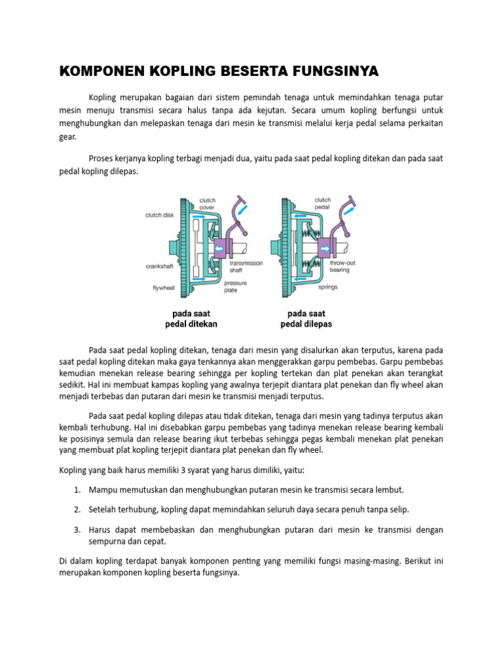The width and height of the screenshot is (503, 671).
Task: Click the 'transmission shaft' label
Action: click(246, 266)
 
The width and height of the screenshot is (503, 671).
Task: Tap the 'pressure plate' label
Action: click(236, 287)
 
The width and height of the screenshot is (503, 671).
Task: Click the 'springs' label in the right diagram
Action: click(327, 287)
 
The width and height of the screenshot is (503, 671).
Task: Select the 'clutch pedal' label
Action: click(322, 204)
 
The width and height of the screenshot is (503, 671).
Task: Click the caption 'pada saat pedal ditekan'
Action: click(191, 318)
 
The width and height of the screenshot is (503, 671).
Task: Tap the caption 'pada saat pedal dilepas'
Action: click(307, 318)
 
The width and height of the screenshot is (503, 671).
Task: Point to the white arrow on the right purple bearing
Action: click(326, 248)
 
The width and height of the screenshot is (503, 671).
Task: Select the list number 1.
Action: click(77, 489)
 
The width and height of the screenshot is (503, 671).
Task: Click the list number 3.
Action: click(77, 529)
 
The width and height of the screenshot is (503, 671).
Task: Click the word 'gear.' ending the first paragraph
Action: click(67, 136)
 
